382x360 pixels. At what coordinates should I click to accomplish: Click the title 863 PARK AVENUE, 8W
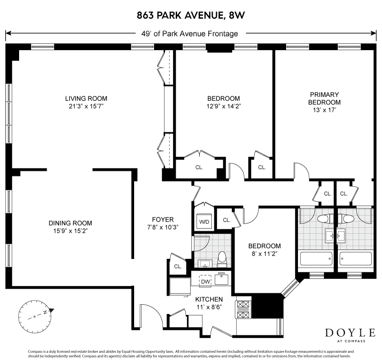[x=191, y=16]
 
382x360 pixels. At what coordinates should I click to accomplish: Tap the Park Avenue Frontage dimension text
[x=190, y=34]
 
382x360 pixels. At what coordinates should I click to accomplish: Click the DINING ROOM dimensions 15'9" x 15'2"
[x=70, y=231]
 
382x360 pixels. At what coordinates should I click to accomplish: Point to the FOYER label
[x=163, y=219]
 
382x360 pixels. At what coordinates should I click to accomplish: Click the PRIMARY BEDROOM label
[x=324, y=98]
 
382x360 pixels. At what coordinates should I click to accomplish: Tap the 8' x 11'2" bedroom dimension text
[x=264, y=254]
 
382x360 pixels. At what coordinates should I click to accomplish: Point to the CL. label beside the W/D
[x=227, y=220]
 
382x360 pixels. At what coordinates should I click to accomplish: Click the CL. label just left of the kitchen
[x=178, y=267]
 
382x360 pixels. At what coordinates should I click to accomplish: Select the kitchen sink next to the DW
[x=221, y=279]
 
